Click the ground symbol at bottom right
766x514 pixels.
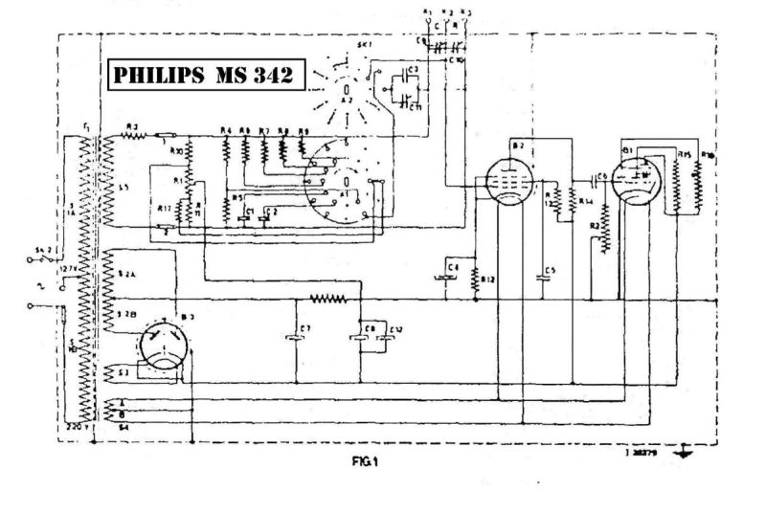coord(684,453)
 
